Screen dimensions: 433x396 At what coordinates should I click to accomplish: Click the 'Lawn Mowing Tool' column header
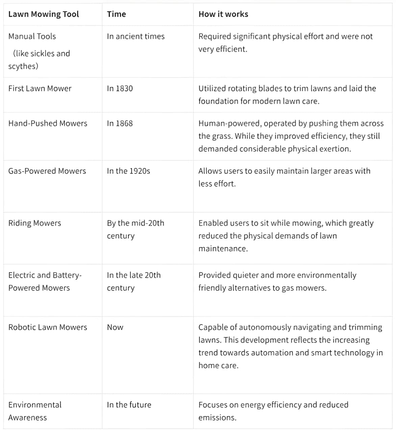tap(44, 14)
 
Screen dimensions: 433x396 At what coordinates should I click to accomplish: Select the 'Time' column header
tap(116, 14)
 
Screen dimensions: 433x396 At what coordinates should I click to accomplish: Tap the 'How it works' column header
tap(223, 14)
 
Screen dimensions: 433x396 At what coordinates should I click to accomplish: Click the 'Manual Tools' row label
tap(32, 36)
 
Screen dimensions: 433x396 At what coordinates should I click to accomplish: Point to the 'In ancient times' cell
tap(135, 36)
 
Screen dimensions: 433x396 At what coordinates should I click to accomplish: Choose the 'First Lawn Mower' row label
tap(40, 88)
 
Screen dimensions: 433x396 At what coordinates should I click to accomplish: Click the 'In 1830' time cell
tap(120, 88)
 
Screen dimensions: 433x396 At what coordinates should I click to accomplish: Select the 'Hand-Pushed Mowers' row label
tap(48, 123)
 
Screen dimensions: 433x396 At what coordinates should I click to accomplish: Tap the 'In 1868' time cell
tap(120, 123)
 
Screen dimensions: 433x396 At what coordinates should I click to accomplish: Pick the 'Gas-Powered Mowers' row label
tap(47, 171)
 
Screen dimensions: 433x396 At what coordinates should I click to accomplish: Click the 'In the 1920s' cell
tap(128, 171)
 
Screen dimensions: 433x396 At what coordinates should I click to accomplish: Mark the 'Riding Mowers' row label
tap(34, 223)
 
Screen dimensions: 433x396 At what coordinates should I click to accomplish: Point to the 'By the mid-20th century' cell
tap(135, 229)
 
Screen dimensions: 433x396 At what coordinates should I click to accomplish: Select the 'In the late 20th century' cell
tap(133, 281)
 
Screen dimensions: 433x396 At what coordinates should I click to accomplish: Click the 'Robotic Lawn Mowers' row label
tap(48, 327)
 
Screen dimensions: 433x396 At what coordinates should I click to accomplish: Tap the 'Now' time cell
tap(115, 327)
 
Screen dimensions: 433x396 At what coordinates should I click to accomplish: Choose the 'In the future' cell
tap(129, 405)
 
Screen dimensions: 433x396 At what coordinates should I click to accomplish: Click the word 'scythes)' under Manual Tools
tap(23, 66)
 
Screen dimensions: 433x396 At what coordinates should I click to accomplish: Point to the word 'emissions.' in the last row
tap(217, 417)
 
